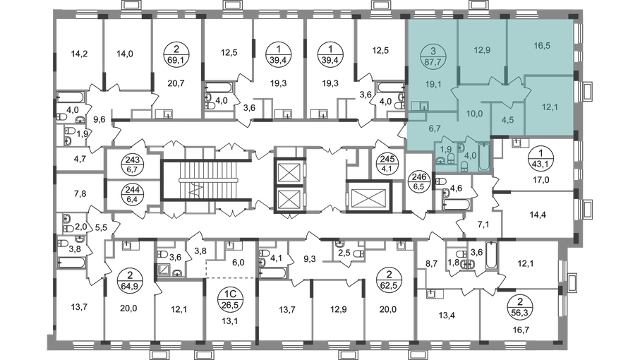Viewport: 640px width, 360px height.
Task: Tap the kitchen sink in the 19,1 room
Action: (x=423, y=106)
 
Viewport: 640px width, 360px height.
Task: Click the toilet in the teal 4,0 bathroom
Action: (x=466, y=164)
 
